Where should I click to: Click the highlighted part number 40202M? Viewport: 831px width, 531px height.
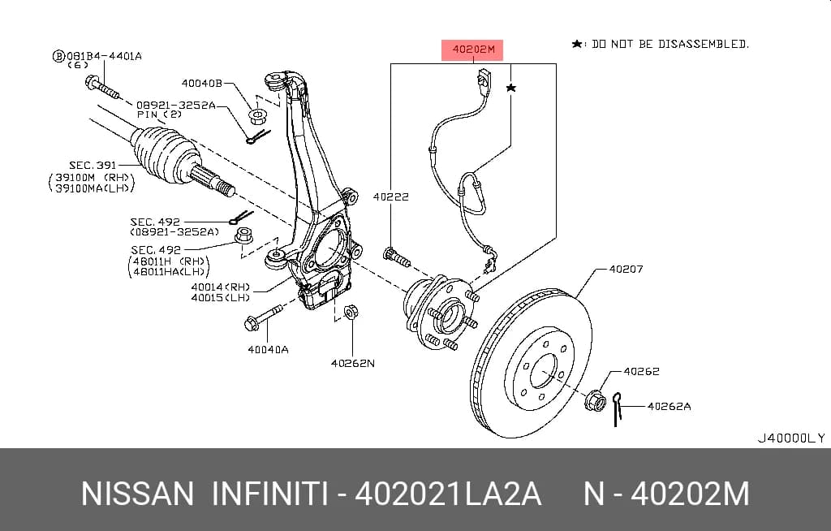pyautogui.click(x=473, y=50)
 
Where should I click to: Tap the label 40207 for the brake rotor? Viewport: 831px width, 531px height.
pyautogui.click(x=626, y=269)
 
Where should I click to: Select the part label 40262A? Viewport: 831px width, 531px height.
pyautogui.click(x=669, y=406)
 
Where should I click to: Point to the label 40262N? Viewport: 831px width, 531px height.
pyautogui.click(x=352, y=364)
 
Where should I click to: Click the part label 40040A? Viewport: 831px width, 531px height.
pyautogui.click(x=268, y=350)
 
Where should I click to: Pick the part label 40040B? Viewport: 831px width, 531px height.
pyautogui.click(x=202, y=83)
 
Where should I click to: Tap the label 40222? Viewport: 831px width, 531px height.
pyautogui.click(x=391, y=196)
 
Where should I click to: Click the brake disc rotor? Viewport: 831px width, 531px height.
pyautogui.click(x=531, y=364)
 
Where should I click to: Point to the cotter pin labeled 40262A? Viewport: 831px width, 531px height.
pyautogui.click(x=617, y=409)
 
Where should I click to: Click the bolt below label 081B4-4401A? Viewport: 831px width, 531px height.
pyautogui.click(x=101, y=88)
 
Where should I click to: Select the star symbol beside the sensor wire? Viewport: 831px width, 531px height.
pyautogui.click(x=511, y=88)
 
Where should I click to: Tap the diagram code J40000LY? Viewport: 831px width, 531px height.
pyautogui.click(x=790, y=438)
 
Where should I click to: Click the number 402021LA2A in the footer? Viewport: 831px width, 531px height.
pyautogui.click(x=448, y=494)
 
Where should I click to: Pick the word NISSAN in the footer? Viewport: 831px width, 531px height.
pyautogui.click(x=138, y=494)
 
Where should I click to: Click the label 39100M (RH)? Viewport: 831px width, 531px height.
pyautogui.click(x=93, y=177)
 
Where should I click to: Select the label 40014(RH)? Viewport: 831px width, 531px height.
pyautogui.click(x=221, y=287)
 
